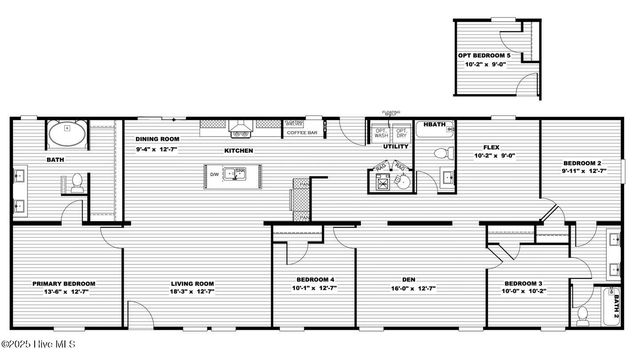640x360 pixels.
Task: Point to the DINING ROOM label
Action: tap(157, 139)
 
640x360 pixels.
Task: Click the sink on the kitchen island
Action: tap(238, 174)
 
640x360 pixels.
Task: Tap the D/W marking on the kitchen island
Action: tap(214, 174)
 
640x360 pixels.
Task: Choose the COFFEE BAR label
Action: tap(302, 132)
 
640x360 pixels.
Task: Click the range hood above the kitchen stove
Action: tap(240, 129)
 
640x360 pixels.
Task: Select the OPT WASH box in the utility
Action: tap(381, 132)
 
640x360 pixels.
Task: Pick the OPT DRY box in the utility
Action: tap(401, 132)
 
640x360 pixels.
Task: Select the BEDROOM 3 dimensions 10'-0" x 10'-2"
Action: tap(523, 292)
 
